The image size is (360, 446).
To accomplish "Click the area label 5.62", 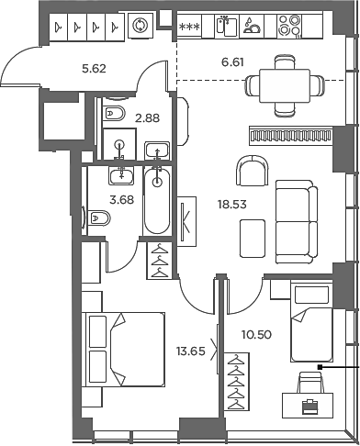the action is [94, 69].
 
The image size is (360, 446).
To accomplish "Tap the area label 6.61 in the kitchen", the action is [232, 62].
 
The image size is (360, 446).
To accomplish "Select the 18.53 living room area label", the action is [231, 204].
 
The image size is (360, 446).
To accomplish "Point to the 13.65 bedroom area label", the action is [190, 351].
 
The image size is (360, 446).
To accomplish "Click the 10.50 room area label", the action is [256, 335].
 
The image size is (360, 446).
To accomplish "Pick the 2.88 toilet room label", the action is [148, 117].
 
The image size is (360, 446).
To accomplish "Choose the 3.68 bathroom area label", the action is [122, 200].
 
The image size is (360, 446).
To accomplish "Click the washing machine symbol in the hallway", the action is [141, 26].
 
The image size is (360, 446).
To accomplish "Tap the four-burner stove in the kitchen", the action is [289, 26].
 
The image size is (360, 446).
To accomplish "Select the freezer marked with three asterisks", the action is [189, 27].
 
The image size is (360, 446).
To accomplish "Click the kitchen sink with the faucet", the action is [227, 27].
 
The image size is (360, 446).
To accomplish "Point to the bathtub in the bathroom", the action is [157, 201].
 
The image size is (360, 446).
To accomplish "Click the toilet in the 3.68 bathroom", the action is [98, 218].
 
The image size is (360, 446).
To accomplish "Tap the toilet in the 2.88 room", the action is [114, 114].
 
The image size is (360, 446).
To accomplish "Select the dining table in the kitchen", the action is [285, 85].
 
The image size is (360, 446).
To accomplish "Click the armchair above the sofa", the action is [253, 171].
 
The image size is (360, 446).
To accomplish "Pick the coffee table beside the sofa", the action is [253, 239].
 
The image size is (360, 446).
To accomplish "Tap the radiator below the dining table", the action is [291, 136].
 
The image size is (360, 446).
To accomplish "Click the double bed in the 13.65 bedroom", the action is [125, 349].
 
